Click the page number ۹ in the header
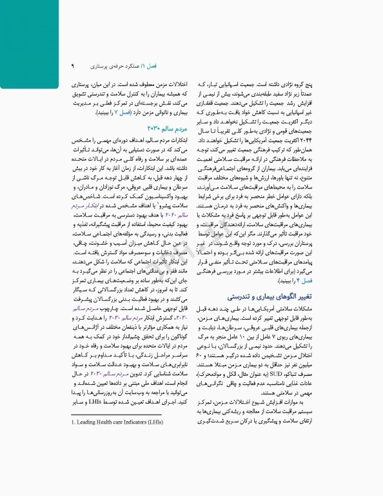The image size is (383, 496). coord(73,66)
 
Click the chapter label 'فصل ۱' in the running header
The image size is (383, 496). coord(158,66)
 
